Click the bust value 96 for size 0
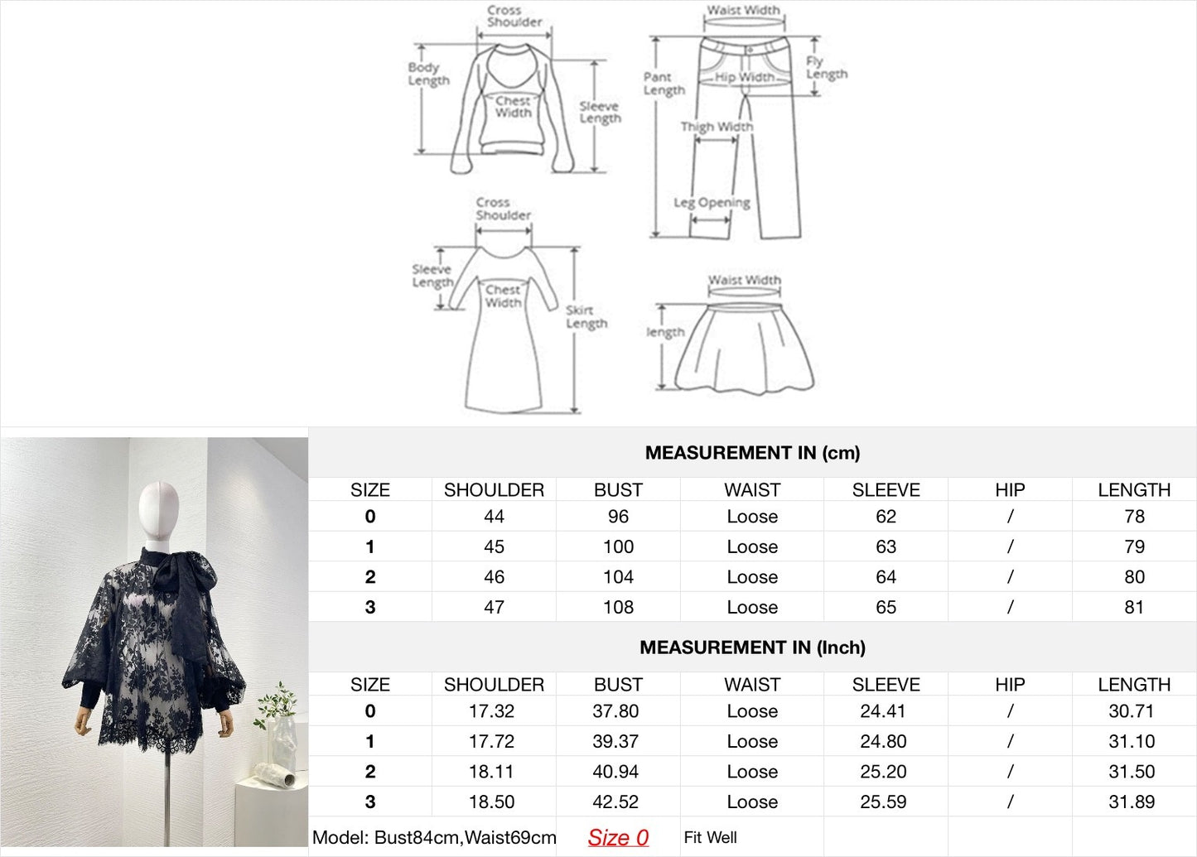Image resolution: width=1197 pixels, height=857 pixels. coord(618,516)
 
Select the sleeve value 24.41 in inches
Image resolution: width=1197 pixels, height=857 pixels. coord(883,711)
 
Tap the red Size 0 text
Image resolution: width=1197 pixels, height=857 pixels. coord(618,837)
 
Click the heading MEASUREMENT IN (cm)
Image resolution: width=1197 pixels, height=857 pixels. coord(752,453)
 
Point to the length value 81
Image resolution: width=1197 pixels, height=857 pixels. coord(1134,607)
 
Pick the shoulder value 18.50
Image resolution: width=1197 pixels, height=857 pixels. coord(491,802)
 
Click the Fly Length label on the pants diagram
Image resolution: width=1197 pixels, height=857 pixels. coord(827,68)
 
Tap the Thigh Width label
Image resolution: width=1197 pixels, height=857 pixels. coord(717,127)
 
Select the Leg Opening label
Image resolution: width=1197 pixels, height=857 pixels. coord(712,203)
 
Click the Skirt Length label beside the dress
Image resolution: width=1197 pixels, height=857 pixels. coord(586,317)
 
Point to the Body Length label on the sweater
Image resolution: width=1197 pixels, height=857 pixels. coord(428,75)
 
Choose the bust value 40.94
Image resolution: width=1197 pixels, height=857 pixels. coord(615,772)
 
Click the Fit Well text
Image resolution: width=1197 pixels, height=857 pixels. coord(710,837)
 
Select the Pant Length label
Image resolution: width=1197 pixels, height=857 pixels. coord(664,84)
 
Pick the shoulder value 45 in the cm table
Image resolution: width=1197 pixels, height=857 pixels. coord(494,546)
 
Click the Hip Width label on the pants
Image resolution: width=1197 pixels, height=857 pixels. coord(745,78)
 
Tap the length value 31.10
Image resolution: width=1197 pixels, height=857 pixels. coord(1132,741)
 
